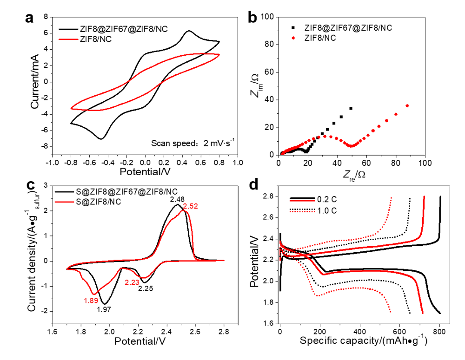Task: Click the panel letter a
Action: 30,19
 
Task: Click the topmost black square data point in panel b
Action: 351,108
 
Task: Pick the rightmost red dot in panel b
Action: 407,106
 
